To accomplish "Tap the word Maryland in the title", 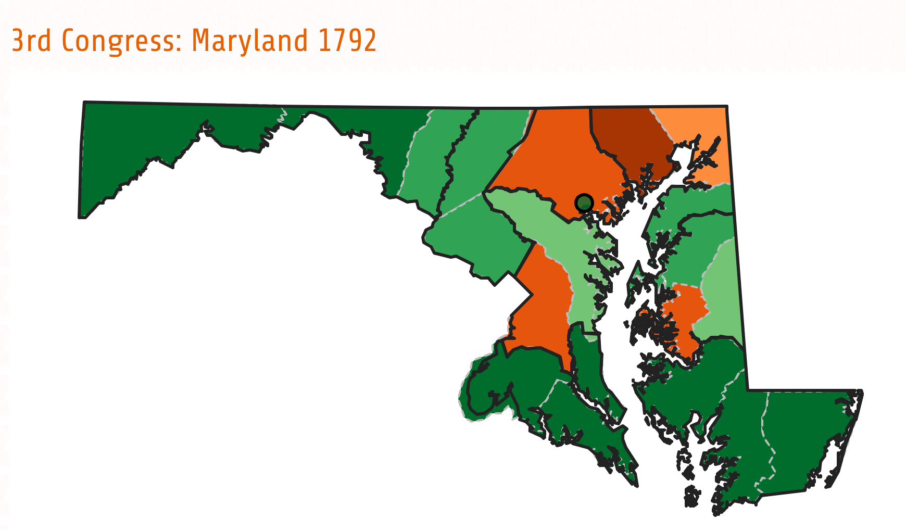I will tap(250, 41).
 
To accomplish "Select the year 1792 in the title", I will tap(347, 41).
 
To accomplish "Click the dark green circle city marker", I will tap(584, 203).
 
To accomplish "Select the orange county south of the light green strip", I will tap(542, 307).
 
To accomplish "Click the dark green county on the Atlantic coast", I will tap(802, 437).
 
